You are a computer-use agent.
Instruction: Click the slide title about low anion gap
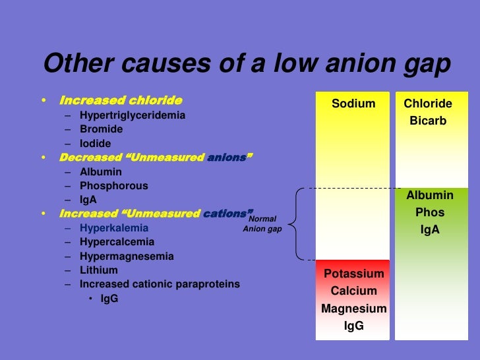point(247,65)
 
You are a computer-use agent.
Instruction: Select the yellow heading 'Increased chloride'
point(121,101)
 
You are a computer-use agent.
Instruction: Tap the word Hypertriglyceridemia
point(133,115)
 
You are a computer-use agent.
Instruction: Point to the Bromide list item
point(101,129)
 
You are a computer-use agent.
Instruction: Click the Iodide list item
point(96,143)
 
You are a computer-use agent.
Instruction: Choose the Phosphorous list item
point(114,186)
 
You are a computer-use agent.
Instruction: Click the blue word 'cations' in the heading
point(226,214)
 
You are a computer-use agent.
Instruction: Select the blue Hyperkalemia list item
point(114,228)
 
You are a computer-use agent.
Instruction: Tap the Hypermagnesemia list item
point(127,256)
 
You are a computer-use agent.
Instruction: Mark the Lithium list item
point(99,270)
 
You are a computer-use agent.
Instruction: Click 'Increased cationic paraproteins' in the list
point(160,284)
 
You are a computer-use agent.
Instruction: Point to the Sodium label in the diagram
point(353,104)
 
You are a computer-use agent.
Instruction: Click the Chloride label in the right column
point(428,104)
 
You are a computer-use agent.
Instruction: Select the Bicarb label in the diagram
point(428,121)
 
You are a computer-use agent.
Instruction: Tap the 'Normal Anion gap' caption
point(262,224)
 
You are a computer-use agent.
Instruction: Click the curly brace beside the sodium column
point(296,224)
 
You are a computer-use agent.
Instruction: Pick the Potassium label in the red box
point(353,274)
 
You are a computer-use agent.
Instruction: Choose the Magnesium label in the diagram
point(353,309)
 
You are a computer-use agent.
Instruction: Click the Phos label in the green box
point(429,213)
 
